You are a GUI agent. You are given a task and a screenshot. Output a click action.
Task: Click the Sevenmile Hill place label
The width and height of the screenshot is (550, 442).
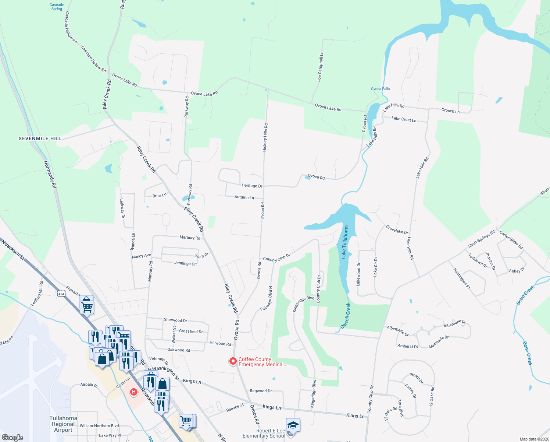tap(40, 138)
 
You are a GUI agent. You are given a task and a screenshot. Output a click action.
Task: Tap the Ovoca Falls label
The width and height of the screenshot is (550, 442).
tap(380, 89)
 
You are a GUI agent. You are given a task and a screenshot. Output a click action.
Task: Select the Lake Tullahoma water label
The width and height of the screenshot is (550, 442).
tap(345, 242)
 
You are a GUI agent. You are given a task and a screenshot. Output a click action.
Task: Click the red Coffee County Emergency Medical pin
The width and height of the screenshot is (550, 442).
tap(233, 361)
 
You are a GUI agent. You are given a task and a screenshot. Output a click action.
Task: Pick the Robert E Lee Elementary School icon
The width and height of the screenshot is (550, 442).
tap(293, 425)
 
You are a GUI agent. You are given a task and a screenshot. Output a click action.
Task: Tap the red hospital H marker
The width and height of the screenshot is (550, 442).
tap(134, 392)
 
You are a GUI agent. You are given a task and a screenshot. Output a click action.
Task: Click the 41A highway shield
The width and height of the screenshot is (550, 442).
tap(61, 294)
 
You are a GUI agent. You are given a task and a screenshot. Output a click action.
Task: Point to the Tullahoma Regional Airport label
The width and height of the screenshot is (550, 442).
tap(63, 424)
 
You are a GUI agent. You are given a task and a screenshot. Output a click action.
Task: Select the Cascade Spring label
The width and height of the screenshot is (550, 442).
tap(57, 7)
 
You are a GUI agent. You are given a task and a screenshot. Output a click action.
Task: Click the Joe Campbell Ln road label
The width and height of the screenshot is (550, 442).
tap(321, 66)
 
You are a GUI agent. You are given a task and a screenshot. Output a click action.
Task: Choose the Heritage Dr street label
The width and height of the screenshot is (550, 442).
tap(252, 186)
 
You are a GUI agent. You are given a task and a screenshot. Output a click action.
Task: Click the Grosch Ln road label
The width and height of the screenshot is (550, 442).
tap(450, 110)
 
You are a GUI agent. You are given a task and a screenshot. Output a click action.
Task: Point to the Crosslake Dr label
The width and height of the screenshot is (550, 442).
tap(397, 230)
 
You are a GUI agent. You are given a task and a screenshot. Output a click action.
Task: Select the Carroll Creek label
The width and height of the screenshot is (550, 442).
tap(346, 315)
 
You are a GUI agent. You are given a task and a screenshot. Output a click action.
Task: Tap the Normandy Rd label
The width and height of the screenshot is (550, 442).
tap(50, 175)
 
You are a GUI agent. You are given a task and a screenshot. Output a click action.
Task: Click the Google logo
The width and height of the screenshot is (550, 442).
tap(12, 437)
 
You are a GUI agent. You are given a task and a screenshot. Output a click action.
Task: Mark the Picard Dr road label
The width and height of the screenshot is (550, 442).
tap(416, 377)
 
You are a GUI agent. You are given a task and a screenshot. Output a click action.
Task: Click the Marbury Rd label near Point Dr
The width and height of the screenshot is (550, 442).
tap(190, 238)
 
